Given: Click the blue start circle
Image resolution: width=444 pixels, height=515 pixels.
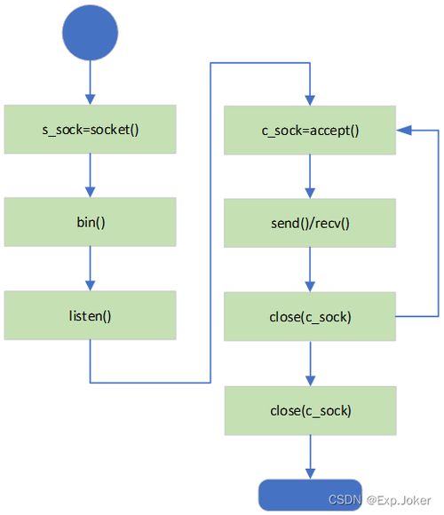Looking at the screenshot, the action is [x=90, y=33].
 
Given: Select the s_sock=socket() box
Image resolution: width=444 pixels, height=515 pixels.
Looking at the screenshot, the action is [x=90, y=129].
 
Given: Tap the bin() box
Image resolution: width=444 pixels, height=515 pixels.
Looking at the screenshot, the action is [x=90, y=222].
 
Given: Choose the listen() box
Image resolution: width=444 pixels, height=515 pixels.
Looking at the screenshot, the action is [x=90, y=315].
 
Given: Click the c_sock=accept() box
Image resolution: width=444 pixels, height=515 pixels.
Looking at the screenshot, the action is [x=310, y=130].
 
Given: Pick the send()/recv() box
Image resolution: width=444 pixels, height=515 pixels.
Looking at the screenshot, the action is [x=310, y=223].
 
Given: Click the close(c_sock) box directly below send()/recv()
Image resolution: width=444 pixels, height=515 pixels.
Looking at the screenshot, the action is [x=310, y=316].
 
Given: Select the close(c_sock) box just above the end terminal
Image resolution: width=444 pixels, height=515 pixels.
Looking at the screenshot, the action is [x=310, y=410].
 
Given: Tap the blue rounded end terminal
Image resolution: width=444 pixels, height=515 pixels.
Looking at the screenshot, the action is [x=310, y=495].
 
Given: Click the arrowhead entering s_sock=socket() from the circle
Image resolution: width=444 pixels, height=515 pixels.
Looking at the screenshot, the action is [x=90, y=99].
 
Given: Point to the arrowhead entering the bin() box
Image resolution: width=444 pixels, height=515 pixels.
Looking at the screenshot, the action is [x=90, y=192].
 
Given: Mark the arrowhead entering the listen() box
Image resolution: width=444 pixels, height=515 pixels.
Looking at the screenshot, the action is [x=90, y=285].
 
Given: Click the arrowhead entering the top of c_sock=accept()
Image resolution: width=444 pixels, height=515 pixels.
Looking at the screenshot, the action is [x=310, y=100].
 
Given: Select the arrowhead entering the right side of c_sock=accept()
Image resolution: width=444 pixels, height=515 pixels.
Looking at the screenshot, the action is [x=404, y=130].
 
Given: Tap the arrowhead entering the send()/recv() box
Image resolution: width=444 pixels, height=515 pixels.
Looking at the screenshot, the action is [x=310, y=194].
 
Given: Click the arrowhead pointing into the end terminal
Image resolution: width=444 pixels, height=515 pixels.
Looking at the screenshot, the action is [x=310, y=474].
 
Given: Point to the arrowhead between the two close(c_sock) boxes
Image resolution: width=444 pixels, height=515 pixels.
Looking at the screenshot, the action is [x=310, y=381].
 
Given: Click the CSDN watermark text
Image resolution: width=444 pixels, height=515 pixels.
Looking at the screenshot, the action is [x=345, y=500].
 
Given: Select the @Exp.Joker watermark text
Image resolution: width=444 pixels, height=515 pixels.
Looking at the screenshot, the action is [x=399, y=500].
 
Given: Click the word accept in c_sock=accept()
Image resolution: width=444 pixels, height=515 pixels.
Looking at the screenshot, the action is [x=329, y=131].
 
